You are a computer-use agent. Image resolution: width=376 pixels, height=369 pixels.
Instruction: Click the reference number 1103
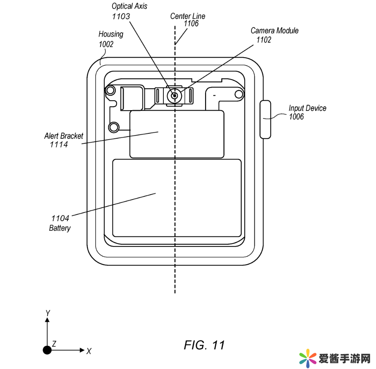tap(121, 17)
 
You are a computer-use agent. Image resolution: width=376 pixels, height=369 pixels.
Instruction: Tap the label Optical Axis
tap(129, 7)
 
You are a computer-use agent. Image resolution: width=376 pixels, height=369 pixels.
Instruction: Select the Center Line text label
tap(188, 16)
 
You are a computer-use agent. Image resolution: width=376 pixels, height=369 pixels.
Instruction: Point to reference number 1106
tap(191, 24)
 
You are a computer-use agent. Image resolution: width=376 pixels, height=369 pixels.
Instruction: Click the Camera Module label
tap(275, 31)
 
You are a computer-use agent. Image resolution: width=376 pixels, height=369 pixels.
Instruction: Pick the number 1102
tap(264, 40)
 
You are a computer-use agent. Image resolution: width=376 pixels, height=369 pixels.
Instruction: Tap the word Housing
tap(111, 34)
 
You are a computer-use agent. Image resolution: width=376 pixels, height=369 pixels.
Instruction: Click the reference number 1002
tap(106, 44)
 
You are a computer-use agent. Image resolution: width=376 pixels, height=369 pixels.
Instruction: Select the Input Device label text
tap(307, 108)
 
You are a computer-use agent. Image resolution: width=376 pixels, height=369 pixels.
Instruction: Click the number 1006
tap(296, 117)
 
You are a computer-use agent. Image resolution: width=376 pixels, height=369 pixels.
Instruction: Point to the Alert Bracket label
tap(64, 136)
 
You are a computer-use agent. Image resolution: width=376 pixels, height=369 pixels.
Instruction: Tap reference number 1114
tap(58, 145)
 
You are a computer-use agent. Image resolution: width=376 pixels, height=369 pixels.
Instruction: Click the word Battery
tap(60, 228)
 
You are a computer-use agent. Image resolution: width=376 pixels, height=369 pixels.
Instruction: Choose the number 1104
tap(60, 218)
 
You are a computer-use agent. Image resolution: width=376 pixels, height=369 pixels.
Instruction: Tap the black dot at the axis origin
tap(48, 350)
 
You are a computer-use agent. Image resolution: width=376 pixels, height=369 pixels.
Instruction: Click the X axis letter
tap(89, 351)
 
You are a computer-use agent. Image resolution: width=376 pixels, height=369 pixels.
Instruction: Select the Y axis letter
tap(48, 313)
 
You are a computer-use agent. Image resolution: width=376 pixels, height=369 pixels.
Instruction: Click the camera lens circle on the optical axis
tap(175, 96)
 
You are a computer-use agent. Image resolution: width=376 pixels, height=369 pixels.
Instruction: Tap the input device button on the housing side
tap(266, 120)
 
